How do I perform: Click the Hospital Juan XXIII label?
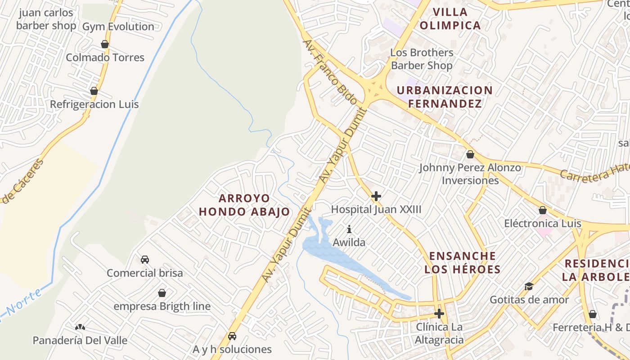pos(376,209)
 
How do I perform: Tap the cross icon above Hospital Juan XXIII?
pos(376,196)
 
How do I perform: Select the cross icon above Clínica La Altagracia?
pos(439,314)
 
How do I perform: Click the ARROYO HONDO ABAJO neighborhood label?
pos(244,205)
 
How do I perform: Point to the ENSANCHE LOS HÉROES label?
pos(463,263)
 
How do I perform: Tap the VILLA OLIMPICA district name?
pos(450,18)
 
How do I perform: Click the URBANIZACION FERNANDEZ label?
pos(445,97)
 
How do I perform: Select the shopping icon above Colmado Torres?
pos(105,44)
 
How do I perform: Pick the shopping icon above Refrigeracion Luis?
pos(94,91)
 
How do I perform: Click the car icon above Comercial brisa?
pos(145,260)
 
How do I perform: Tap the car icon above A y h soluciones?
pos(232,336)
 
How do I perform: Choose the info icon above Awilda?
pos(349,229)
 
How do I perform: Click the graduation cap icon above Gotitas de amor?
pos(529,286)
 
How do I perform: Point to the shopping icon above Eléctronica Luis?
pos(543,210)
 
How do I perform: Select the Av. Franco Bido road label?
pos(330,72)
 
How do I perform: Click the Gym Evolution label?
pos(118,27)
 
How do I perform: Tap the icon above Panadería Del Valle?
pos(80,327)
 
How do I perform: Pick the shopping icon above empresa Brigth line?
pos(162,293)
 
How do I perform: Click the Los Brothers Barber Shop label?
pos(422,59)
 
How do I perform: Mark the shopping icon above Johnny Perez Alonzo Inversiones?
pos(470,154)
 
